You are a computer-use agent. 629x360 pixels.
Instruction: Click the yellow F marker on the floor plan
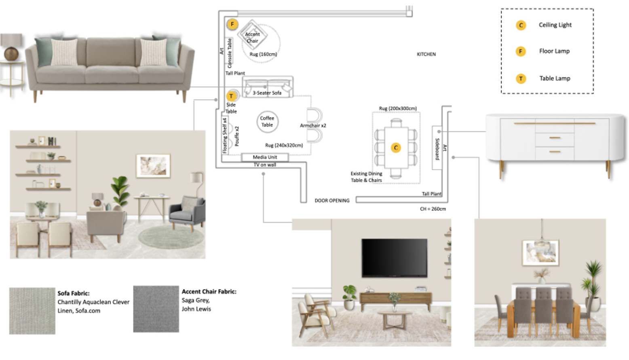[x=232, y=24]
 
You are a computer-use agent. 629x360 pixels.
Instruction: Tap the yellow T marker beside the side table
[x=231, y=96]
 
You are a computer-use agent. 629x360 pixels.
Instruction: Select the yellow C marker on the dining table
[x=396, y=148]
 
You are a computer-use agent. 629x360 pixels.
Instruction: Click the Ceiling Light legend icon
[x=521, y=25]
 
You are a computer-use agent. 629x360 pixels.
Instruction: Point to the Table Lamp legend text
[x=555, y=78]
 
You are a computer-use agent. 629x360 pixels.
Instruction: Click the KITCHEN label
[x=426, y=54]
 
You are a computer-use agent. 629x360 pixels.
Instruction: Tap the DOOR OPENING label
[x=332, y=201]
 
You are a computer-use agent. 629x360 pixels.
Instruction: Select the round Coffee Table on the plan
[x=267, y=122]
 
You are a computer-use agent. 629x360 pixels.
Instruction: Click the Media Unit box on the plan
[x=265, y=157]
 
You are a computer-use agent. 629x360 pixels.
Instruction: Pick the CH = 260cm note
[x=433, y=209]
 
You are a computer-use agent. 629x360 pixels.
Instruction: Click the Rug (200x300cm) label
[x=398, y=108]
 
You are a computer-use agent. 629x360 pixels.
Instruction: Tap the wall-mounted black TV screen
[x=394, y=258]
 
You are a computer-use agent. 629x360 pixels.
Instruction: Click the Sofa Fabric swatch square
[x=32, y=311]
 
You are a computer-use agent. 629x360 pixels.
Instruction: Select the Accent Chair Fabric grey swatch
[x=156, y=309]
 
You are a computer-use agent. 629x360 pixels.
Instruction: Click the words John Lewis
[x=196, y=309]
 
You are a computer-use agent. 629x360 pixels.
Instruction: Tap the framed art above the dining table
[x=540, y=253]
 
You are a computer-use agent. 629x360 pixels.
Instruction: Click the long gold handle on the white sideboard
[x=555, y=123]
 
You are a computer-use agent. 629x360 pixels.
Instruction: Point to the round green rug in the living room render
[x=171, y=237]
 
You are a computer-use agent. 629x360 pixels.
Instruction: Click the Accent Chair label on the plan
[x=252, y=38]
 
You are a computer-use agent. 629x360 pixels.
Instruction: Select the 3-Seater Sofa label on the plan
[x=267, y=93]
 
